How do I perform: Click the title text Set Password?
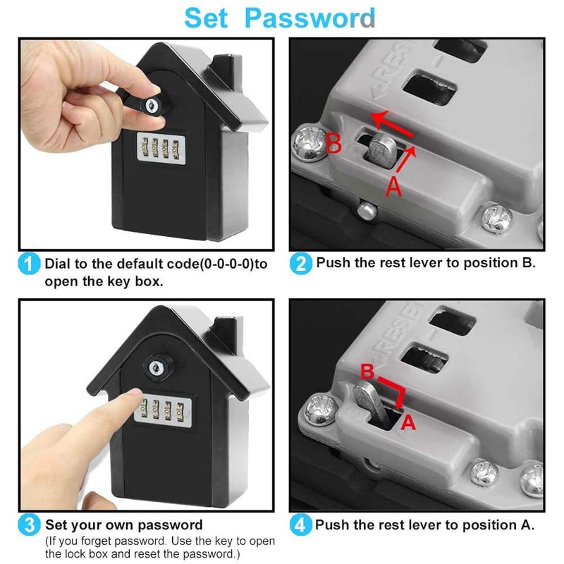click(x=280, y=18)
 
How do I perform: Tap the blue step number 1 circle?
click(x=29, y=265)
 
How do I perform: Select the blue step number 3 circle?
click(x=29, y=526)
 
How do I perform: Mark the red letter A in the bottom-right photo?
click(x=407, y=422)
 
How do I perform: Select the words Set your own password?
click(x=124, y=525)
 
